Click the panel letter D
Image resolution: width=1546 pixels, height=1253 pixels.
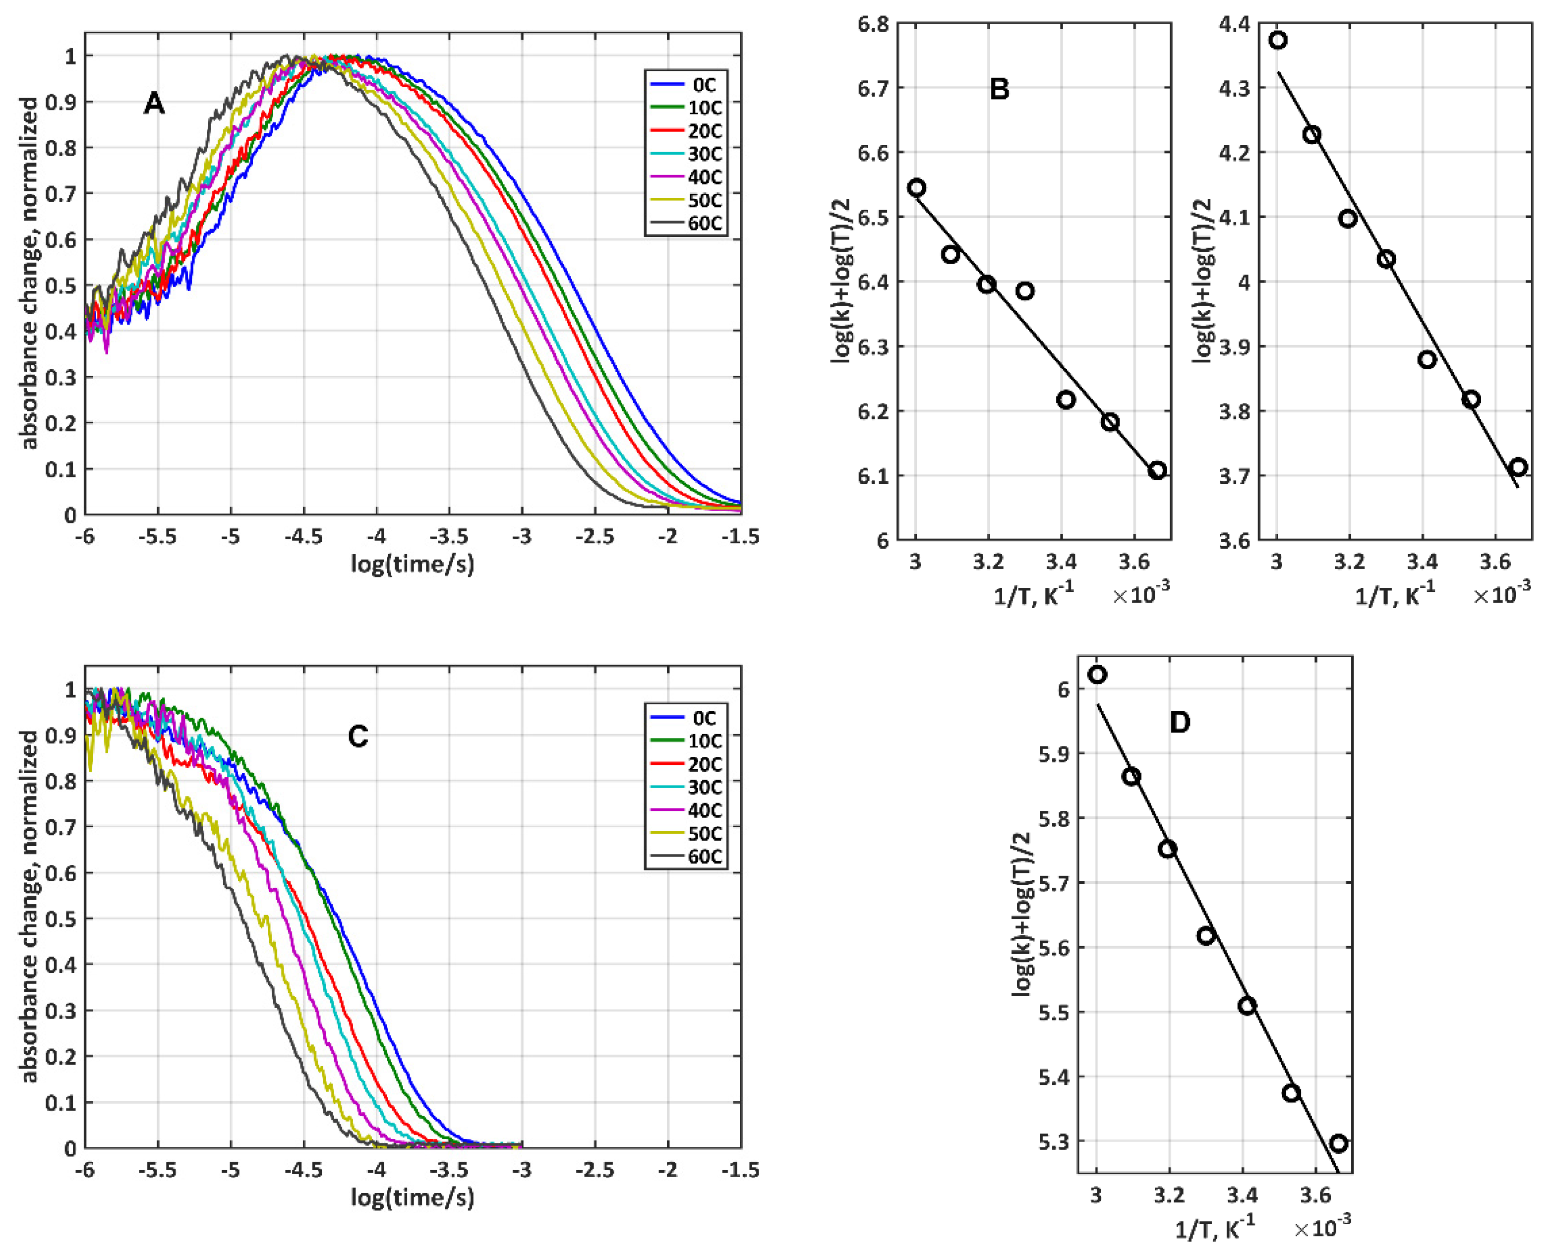tap(1179, 723)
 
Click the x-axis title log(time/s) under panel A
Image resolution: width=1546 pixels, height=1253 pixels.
tap(413, 563)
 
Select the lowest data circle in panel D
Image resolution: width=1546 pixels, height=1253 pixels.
tap(1338, 1143)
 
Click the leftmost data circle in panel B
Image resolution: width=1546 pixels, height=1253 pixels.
tap(916, 188)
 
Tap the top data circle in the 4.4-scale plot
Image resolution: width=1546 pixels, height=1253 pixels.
tap(1278, 41)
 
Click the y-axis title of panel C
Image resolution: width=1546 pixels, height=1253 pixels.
tap(29, 906)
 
